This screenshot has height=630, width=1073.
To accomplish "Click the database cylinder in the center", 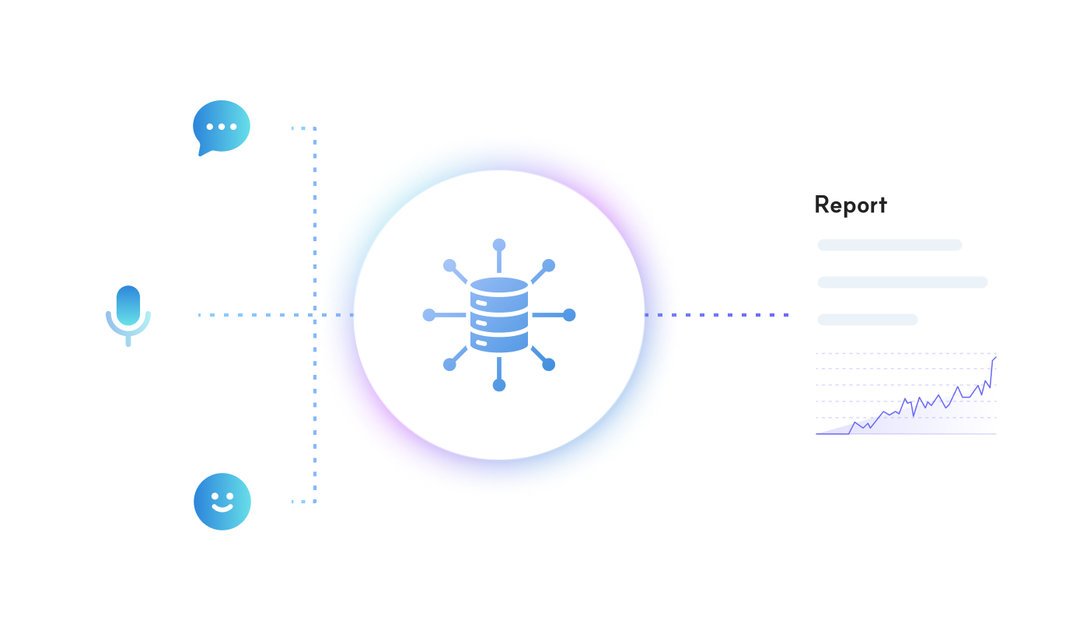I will point(499,314).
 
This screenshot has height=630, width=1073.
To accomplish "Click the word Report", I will point(850,205).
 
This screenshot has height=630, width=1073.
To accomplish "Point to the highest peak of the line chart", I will point(994,358).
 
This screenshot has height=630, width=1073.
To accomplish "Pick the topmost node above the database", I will point(499,245).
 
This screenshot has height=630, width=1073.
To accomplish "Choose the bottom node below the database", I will point(499,385).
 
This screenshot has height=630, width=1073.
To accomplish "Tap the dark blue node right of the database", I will point(569,315).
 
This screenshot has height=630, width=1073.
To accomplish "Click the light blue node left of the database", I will point(429,315).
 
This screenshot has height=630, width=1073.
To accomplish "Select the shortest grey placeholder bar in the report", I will point(867,320).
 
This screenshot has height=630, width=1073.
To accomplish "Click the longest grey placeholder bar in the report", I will point(902,282).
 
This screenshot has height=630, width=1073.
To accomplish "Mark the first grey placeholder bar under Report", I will point(890,245).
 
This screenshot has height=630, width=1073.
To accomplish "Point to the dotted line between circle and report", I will point(735,315).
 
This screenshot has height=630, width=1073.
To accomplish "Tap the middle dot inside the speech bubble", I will point(222,126).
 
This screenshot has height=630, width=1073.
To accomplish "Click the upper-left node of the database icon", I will point(449,265).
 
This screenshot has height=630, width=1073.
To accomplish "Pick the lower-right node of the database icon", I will point(549,364).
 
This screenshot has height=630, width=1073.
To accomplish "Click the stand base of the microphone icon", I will point(128,342).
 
